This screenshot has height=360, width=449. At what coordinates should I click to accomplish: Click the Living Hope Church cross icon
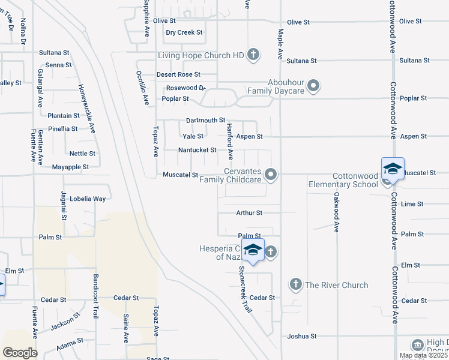coord(253,55)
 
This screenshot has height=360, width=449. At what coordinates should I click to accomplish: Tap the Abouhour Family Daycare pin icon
coord(313,86)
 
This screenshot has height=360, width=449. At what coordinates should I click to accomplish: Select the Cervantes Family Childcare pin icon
coord(271,175)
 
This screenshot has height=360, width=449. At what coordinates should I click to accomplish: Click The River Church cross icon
coord(295,284)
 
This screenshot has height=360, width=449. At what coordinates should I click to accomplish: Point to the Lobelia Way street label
coord(88,199)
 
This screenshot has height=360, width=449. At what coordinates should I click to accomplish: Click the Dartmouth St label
coord(205,121)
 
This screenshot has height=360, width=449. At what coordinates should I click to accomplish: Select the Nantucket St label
coord(197,149)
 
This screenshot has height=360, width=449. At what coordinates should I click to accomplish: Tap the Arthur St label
coord(249,212)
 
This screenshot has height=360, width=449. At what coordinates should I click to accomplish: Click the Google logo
coord(20,352)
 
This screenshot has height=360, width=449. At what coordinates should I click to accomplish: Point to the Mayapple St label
coord(70,167)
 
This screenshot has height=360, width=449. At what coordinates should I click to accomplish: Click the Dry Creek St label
coord(184,32)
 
